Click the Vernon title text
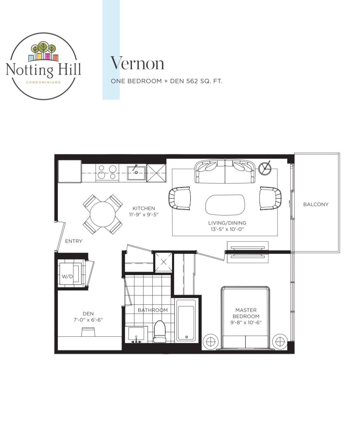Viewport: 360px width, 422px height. click(137, 63)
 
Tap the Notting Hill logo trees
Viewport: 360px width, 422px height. click(44, 48)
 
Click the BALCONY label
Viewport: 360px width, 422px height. click(316, 204)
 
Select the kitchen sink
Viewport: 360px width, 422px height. click(136, 173)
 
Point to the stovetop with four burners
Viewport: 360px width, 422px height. click(107, 173)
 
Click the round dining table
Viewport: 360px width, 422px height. click(103, 214)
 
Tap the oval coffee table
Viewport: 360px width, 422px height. click(225, 205)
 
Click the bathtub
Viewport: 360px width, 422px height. click(186, 320)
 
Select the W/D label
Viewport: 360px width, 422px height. click(67, 276)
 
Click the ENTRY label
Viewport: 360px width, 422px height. click(73, 241)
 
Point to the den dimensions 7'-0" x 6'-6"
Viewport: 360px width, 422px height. click(88, 320)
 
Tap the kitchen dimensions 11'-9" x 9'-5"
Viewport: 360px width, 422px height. click(143, 215)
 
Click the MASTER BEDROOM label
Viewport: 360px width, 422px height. click(246, 313)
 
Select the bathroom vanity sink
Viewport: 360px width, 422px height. click(136, 334)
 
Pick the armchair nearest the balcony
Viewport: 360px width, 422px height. click(270, 198)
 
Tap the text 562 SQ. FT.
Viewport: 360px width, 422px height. click(204, 81)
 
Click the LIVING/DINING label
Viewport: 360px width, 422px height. click(227, 223)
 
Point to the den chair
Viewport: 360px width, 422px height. click(88, 332)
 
